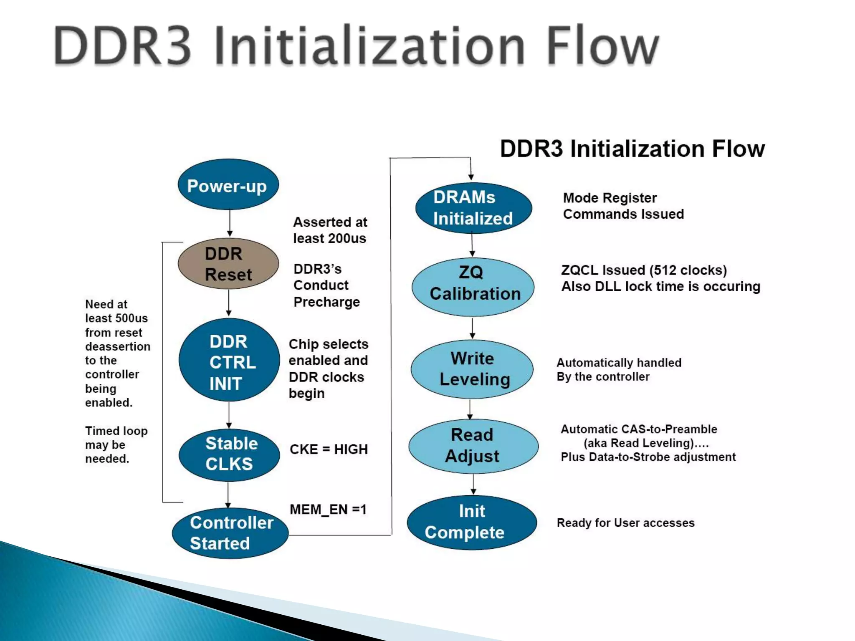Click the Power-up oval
(x=228, y=185)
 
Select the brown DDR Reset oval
(x=228, y=264)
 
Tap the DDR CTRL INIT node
(x=229, y=361)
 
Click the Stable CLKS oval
(x=229, y=454)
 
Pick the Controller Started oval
(x=230, y=533)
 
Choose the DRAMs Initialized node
(x=473, y=208)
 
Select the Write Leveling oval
(x=472, y=369)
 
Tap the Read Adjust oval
(x=473, y=446)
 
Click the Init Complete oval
(x=471, y=522)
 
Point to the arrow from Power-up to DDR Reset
(x=230, y=223)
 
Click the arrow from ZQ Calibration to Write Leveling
(x=473, y=328)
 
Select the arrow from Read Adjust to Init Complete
(x=473, y=484)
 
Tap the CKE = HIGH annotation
(x=329, y=449)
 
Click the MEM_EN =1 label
(x=328, y=510)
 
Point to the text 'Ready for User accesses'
(x=625, y=523)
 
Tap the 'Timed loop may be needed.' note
(x=116, y=445)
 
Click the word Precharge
(x=326, y=302)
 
